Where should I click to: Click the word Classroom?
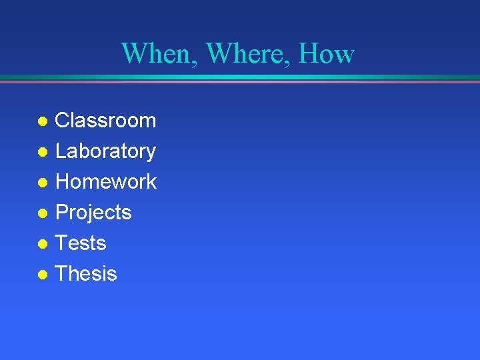pos(105,121)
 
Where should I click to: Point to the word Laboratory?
pos(105,151)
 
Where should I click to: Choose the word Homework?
pos(106,181)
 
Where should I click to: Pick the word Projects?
pos(93,213)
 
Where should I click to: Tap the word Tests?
pos(81,243)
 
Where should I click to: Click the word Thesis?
pos(86,273)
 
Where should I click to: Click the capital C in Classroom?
pos(63,121)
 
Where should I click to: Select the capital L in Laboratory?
pos(61,151)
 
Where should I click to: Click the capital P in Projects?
pos(62,212)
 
